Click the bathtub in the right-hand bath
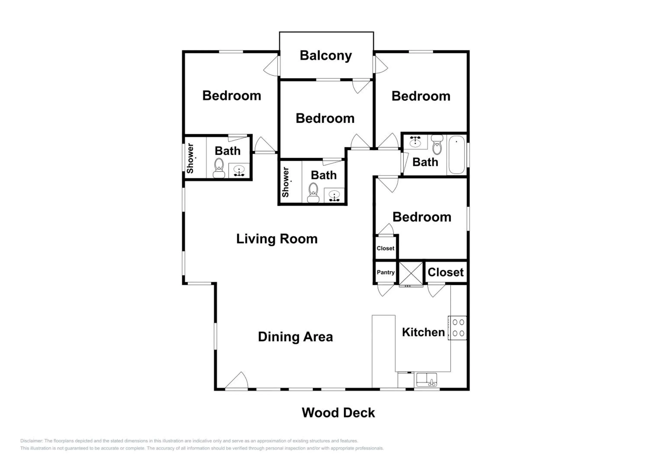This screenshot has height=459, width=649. pyautogui.click(x=457, y=155)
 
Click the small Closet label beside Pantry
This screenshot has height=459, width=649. pyautogui.click(x=385, y=248)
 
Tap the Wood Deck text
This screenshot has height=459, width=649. pyautogui.click(x=338, y=413)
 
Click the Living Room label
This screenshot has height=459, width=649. pyautogui.click(x=277, y=239)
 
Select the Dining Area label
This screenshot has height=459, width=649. pyautogui.click(x=295, y=337)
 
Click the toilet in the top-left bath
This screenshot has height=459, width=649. pyautogui.click(x=219, y=168)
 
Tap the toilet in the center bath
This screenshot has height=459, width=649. pyautogui.click(x=313, y=193)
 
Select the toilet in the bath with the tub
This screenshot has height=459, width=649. pyautogui.click(x=437, y=145)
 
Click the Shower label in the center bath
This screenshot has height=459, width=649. pyautogui.click(x=286, y=182)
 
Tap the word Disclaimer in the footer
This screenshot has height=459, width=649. pyautogui.click(x=31, y=441)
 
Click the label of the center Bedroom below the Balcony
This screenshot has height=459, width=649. pyautogui.click(x=325, y=118)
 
